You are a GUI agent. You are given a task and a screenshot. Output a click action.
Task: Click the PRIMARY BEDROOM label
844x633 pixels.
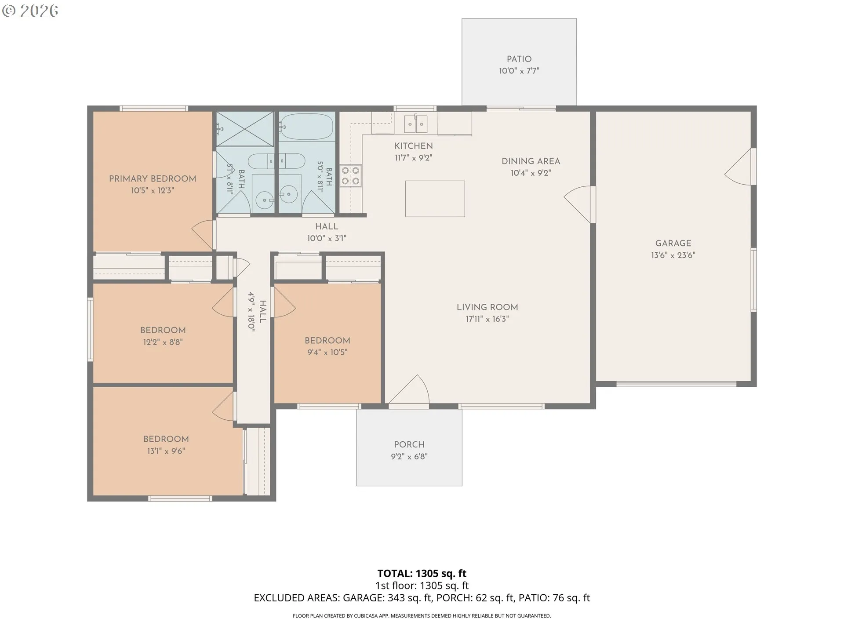click(x=153, y=178)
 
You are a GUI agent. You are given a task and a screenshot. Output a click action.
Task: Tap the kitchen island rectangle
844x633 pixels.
click(x=435, y=199)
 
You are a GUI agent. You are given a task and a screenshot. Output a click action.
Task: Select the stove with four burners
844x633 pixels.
click(x=351, y=176)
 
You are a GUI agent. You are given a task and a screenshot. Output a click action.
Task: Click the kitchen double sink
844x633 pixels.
click(x=415, y=124)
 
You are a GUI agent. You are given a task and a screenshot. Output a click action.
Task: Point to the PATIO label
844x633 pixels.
click(x=519, y=59)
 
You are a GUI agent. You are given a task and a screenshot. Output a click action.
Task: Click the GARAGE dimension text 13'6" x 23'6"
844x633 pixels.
click(x=673, y=255)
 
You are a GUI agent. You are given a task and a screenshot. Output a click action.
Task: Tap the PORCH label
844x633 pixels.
click(x=409, y=444)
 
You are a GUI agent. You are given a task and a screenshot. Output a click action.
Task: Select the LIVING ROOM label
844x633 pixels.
click(x=487, y=307)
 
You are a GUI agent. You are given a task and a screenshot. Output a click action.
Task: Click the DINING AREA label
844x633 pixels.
click(x=531, y=161)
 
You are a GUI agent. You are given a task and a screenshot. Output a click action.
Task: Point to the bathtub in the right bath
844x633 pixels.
click(x=306, y=126)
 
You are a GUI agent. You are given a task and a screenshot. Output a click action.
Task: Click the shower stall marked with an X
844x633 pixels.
click(x=245, y=129)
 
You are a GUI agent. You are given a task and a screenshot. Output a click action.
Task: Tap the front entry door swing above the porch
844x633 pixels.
click(x=409, y=390)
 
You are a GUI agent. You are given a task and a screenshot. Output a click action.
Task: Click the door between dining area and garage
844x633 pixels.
click(x=578, y=205)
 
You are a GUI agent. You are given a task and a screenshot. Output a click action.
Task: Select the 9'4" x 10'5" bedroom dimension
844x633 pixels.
click(x=327, y=352)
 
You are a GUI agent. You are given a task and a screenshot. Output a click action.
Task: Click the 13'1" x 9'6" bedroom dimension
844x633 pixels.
click(x=166, y=451)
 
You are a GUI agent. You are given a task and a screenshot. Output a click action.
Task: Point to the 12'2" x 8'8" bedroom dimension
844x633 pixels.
click(x=163, y=342)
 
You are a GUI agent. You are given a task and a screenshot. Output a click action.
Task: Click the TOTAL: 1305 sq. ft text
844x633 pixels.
click(x=422, y=573)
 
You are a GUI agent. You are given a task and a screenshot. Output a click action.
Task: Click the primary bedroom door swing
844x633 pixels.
click(x=203, y=234)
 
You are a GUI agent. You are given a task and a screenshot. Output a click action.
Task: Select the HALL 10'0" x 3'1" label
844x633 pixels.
click(x=327, y=232)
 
